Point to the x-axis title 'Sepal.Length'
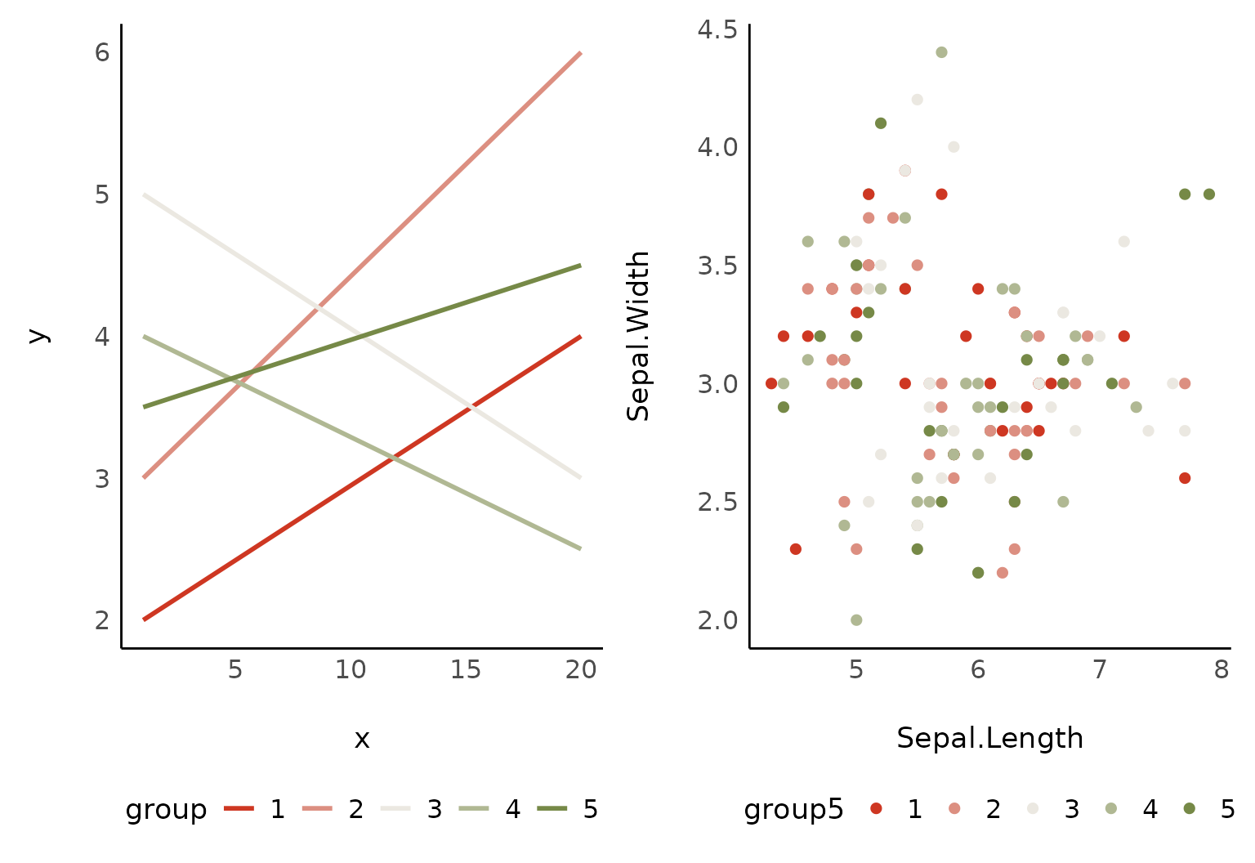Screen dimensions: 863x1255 coord(989,738)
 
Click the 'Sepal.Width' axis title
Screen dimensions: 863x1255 coord(638,336)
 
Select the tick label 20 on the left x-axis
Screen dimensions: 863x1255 coord(581,670)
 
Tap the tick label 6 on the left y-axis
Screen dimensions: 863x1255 coord(102,52)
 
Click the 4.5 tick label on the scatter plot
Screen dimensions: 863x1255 coord(717,29)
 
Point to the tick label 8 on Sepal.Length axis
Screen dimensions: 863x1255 coord(1222,670)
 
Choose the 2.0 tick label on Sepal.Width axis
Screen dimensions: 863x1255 coord(717,620)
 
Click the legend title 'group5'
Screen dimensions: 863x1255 coord(793,809)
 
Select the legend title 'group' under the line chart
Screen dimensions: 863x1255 coord(166,809)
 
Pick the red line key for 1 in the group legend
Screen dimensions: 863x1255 coord(239,809)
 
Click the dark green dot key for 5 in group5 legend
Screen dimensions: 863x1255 coord(1190,808)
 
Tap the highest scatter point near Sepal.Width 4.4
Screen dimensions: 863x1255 coord(941,52)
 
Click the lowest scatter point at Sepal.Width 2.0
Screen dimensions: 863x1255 coord(856,620)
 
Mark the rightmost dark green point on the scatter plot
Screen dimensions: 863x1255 coord(1209,195)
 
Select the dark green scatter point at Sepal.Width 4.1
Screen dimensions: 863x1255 coord(881,123)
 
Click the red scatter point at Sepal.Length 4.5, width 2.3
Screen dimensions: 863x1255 coord(796,549)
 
